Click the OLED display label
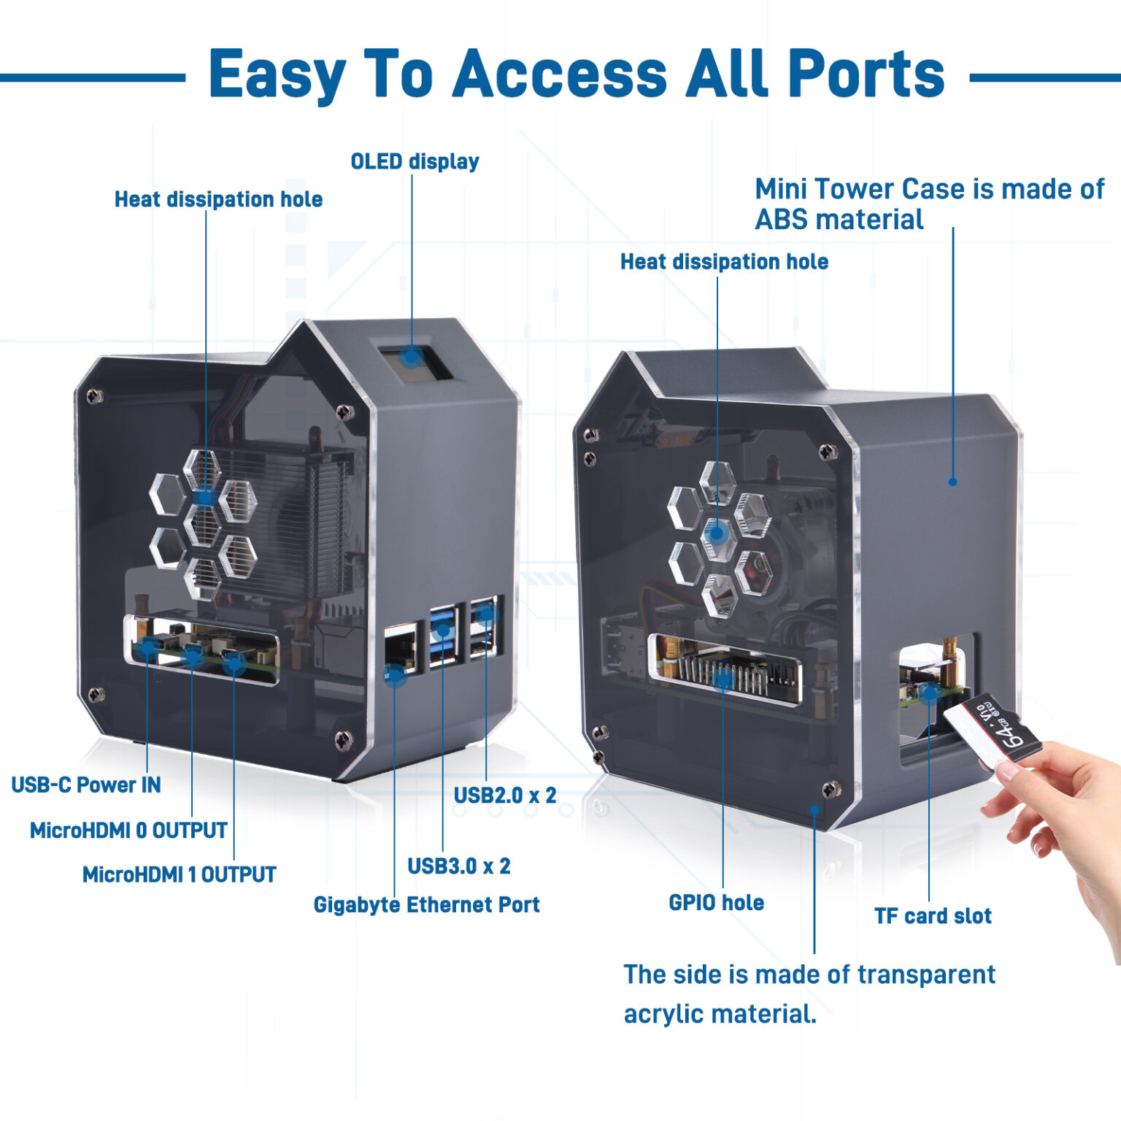click(415, 161)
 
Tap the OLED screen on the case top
click(411, 359)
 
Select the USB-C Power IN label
click(85, 785)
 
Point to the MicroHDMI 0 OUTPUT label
click(128, 831)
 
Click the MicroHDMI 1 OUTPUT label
click(179, 874)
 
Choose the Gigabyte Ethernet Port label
click(426, 905)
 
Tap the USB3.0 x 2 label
click(458, 866)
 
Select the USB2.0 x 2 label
click(505, 795)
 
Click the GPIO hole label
click(716, 903)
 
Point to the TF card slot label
click(933, 916)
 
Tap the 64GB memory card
click(994, 730)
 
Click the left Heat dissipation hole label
click(218, 199)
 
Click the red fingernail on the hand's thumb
click(1009, 771)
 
